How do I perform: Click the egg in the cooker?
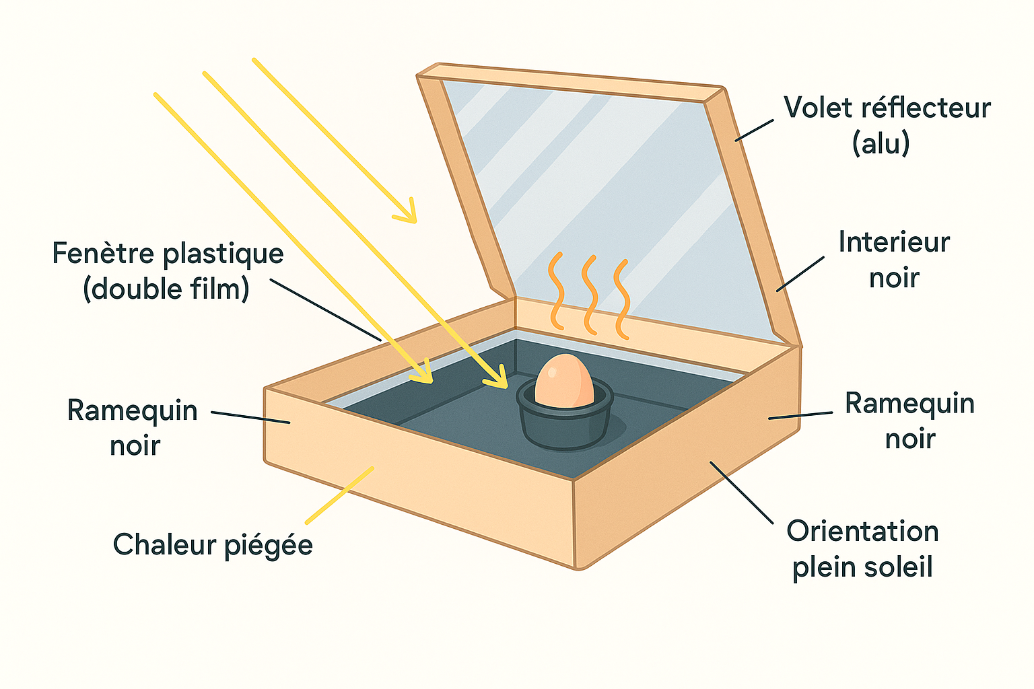[564, 381]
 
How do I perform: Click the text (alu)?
[881, 143]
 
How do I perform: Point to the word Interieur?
[893, 242]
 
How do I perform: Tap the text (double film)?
[166, 289]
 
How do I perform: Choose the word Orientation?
[862, 532]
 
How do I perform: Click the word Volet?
[814, 108]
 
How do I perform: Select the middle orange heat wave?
[590, 295]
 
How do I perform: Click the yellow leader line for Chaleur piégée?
[339, 495]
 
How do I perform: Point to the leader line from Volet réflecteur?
[753, 131]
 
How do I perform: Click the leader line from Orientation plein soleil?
[741, 492]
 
